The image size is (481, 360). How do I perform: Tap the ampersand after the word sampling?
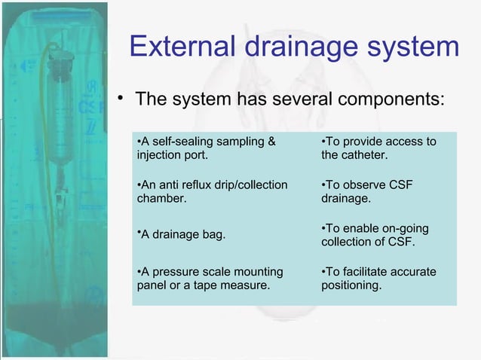coord(271,142)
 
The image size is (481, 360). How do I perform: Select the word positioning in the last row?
coord(351,285)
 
